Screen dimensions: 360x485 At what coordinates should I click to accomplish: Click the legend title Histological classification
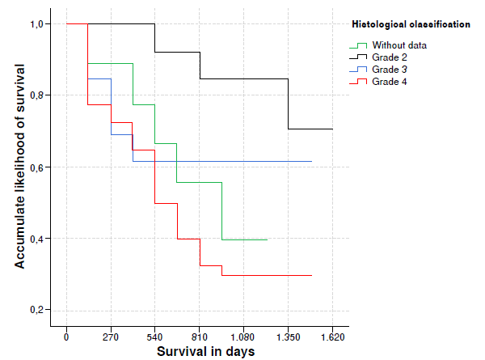tap(411, 25)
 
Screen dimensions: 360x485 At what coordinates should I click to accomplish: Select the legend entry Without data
tap(400, 45)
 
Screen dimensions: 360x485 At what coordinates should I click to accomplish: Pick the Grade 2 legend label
tap(391, 57)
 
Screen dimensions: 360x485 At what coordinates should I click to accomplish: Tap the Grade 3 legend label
tap(391, 70)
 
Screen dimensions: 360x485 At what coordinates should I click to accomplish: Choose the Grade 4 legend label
tap(391, 82)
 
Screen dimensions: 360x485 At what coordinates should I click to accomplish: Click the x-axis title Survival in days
tap(205, 352)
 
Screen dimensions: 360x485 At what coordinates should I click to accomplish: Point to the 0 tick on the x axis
tap(66, 337)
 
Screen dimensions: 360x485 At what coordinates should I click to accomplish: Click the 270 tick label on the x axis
tap(111, 337)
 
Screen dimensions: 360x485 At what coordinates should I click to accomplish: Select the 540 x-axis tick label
tap(155, 337)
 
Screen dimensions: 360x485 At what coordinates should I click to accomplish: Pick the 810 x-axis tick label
tap(200, 337)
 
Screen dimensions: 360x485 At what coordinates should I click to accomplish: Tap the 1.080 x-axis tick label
tap(244, 337)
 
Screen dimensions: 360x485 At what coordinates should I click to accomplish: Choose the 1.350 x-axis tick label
tap(289, 337)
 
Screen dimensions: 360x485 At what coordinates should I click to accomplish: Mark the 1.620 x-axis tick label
tap(332, 337)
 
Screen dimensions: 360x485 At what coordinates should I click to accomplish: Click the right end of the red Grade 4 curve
tap(311, 275)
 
